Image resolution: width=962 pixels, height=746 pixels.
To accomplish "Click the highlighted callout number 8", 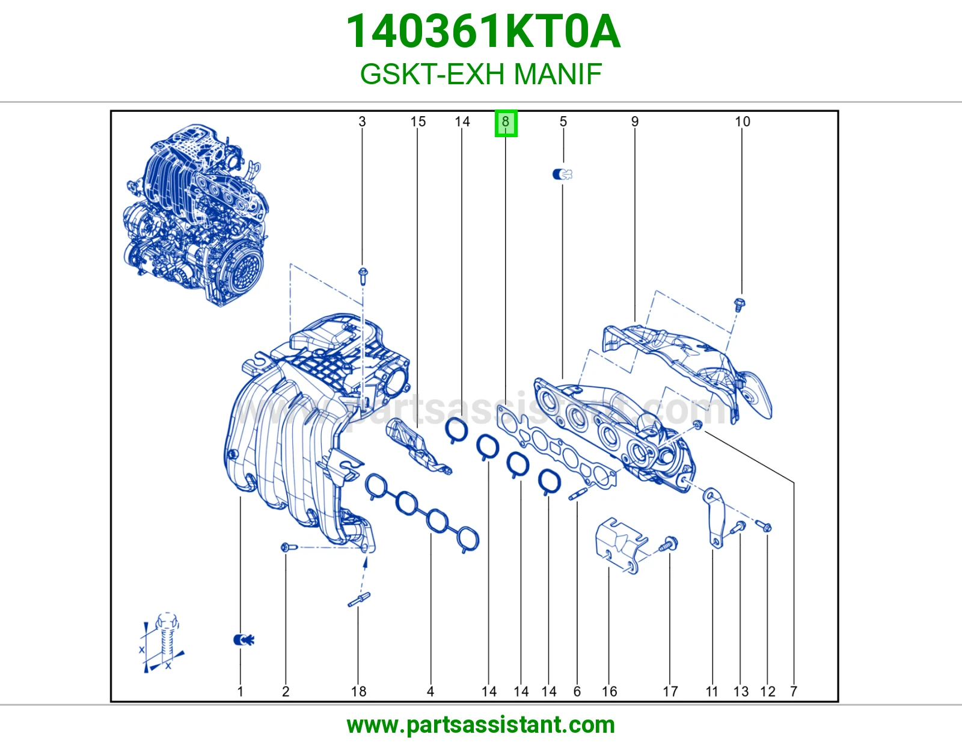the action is pyautogui.click(x=506, y=123).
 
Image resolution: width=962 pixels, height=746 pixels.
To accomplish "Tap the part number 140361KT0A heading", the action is pyautogui.click(x=483, y=31).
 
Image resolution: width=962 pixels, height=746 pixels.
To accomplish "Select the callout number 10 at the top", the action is pyautogui.click(x=743, y=122).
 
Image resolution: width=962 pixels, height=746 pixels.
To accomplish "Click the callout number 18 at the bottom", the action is pyautogui.click(x=358, y=691).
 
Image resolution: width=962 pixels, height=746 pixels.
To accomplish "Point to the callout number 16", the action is pyautogui.click(x=609, y=691).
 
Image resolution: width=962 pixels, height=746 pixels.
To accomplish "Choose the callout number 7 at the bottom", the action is pyautogui.click(x=794, y=691).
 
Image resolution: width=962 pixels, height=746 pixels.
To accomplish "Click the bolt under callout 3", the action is pyautogui.click(x=363, y=276).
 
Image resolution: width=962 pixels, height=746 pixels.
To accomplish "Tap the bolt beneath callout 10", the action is pyautogui.click(x=740, y=305).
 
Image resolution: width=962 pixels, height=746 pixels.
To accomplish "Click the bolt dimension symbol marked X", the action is pyautogui.click(x=162, y=643).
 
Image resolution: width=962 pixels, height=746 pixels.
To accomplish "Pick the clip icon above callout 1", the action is pyautogui.click(x=244, y=640).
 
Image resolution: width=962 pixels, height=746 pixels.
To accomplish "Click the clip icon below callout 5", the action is pyautogui.click(x=562, y=174).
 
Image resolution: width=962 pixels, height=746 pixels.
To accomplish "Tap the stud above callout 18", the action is pyautogui.click(x=359, y=600).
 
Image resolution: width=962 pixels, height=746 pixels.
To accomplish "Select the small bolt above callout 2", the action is pyautogui.click(x=289, y=547).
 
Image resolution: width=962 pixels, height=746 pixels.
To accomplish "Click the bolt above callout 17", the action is pyautogui.click(x=669, y=543).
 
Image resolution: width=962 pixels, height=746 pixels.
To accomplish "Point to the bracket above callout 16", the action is pyautogui.click(x=621, y=546).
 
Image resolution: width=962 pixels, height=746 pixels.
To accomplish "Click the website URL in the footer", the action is pyautogui.click(x=481, y=725).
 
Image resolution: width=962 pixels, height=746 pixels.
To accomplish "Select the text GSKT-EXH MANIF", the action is pyautogui.click(x=481, y=73).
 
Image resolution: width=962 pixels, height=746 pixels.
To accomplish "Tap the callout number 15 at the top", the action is pyautogui.click(x=417, y=122).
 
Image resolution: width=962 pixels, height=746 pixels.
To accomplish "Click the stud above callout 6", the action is pyautogui.click(x=578, y=494).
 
